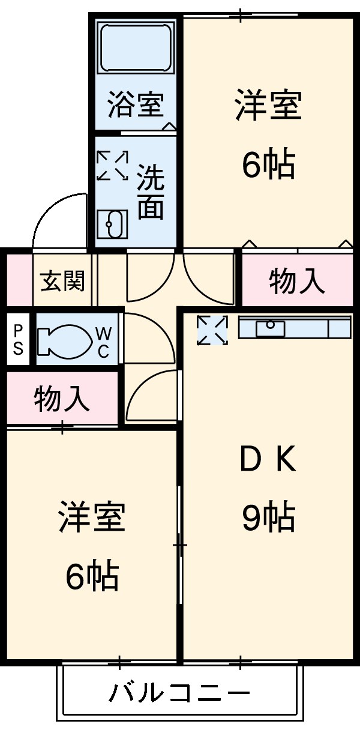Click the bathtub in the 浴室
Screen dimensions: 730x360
[136, 49]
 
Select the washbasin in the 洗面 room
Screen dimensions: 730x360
[112, 225]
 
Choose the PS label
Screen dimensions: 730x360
[19, 340]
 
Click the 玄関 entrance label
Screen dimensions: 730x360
[62, 281]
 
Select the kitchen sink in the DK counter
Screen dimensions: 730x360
[270, 328]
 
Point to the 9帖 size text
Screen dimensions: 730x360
[268, 517]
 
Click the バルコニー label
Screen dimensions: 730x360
[179, 694]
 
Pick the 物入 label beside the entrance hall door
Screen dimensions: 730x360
[297, 281]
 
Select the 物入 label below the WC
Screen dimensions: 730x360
[62, 399]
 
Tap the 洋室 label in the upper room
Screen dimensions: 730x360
[268, 105]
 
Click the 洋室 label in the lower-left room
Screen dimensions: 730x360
[92, 517]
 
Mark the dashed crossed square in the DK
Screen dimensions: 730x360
[212, 330]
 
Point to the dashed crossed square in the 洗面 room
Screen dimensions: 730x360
[113, 165]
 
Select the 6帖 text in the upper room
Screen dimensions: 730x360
[268, 163]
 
